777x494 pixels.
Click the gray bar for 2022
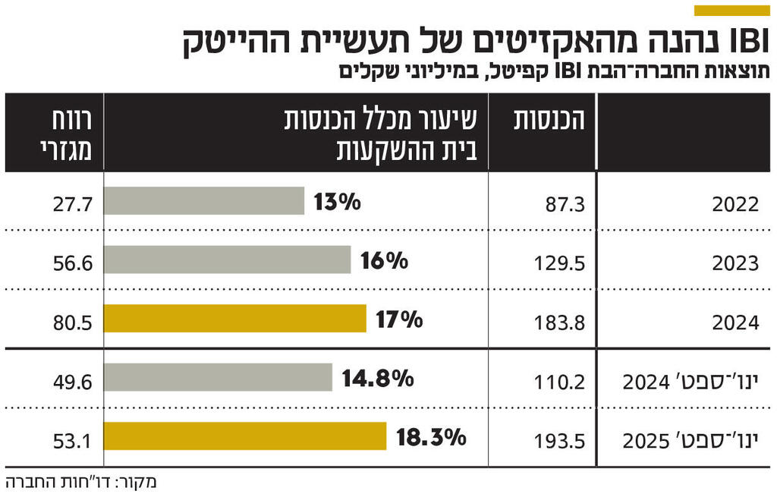(x=203, y=201)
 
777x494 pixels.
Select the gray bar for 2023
(x=227, y=260)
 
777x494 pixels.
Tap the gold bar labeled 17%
(x=234, y=319)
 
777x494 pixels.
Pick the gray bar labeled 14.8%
(x=218, y=377)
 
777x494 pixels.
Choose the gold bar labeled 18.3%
(x=244, y=436)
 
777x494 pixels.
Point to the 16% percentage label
(x=384, y=261)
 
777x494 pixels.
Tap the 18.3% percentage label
(x=430, y=437)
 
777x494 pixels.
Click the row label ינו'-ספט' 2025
(x=690, y=440)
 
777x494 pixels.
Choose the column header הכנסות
(x=551, y=121)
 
